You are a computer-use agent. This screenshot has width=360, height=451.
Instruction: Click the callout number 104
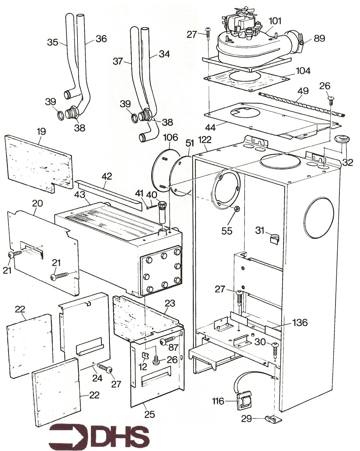pos(303,71)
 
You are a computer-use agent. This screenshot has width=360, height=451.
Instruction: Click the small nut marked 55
pos(237,209)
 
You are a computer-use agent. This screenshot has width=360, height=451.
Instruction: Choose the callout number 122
pos(205,140)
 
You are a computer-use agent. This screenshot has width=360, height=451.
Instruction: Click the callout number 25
pos(150,415)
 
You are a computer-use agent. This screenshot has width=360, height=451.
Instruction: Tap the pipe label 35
pos(53,42)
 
